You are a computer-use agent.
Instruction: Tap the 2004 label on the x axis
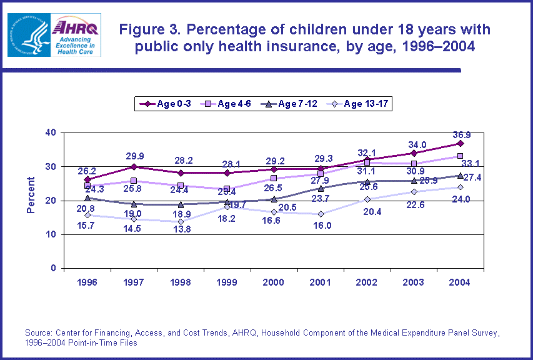[460, 282]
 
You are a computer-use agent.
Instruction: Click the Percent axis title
[31, 195]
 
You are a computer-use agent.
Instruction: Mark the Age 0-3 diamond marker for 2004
[460, 144]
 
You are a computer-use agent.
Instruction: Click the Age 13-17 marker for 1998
[181, 222]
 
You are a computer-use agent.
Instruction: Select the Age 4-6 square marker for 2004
[460, 156]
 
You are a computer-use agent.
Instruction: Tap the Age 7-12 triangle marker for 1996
[88, 198]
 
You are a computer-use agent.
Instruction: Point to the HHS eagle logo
[27, 35]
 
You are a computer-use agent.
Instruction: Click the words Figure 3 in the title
[147, 29]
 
